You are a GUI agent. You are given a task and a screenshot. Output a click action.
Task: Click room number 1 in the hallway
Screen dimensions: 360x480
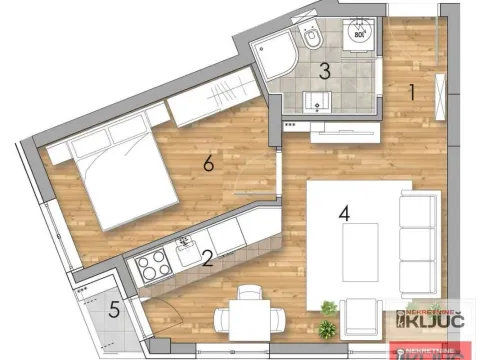pos(410,93)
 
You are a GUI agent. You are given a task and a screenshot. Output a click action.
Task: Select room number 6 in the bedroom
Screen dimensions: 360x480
pos(208,163)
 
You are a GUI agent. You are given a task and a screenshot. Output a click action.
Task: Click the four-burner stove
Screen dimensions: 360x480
pos(155,266)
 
